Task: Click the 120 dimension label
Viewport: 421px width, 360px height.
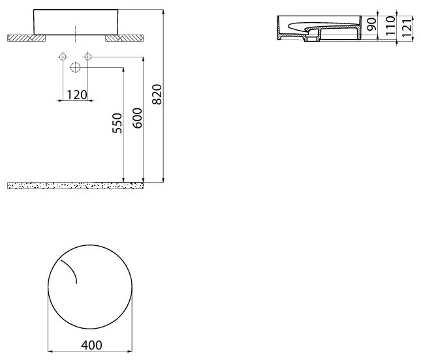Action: coord(76,95)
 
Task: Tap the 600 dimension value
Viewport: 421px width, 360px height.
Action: coord(137,117)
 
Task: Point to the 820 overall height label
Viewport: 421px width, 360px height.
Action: coord(157,95)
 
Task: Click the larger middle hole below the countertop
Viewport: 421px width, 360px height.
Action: coord(75,67)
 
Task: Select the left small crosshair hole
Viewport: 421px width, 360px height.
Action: coord(63,57)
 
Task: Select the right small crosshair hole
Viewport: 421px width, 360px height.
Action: coord(87,57)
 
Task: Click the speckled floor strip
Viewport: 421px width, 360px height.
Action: coord(75,185)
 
